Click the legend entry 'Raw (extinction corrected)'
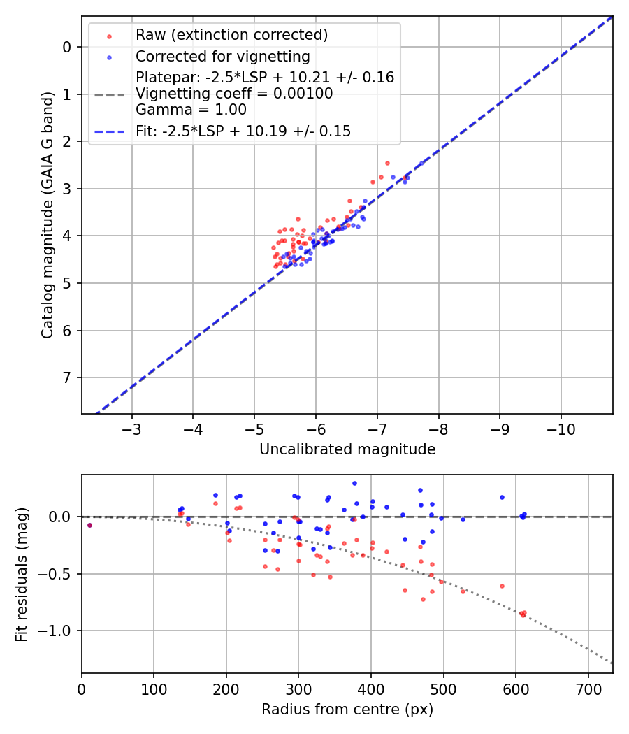click(x=231, y=35)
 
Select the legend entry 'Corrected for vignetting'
click(x=222, y=56)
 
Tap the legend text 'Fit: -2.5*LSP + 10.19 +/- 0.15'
click(x=243, y=131)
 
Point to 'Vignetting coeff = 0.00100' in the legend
click(x=234, y=94)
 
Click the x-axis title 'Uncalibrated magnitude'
click(x=347, y=449)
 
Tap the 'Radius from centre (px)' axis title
click(x=347, y=710)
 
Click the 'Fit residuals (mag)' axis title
click(x=22, y=575)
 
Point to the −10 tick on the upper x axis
click(x=561, y=426)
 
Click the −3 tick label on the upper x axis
click(x=132, y=426)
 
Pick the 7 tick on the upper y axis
click(x=67, y=377)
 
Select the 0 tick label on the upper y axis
click(x=67, y=47)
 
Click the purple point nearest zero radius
click(x=89, y=525)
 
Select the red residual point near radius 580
click(x=502, y=586)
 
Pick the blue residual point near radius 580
click(x=502, y=497)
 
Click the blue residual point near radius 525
click(x=463, y=519)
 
